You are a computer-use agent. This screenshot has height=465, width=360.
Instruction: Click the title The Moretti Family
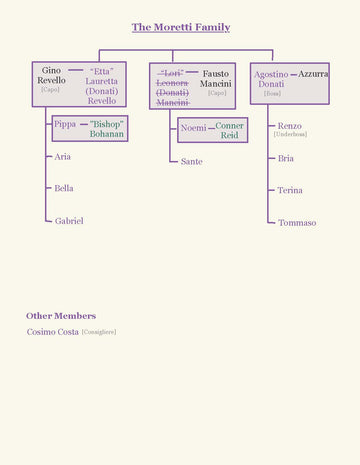[180, 27]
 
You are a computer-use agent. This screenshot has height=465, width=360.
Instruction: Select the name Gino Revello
[51, 75]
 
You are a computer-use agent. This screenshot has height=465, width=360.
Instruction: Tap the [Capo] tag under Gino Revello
[50, 90]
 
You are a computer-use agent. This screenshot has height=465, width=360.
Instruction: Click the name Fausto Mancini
[216, 78]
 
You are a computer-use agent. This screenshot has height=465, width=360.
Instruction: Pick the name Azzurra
[313, 74]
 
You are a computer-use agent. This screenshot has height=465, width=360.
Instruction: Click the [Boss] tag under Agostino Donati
[272, 93]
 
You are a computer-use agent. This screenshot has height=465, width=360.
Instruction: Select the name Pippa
[64, 124]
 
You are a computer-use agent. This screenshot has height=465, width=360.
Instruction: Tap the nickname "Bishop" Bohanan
[107, 128]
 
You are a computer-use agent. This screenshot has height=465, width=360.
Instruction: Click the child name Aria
[63, 157]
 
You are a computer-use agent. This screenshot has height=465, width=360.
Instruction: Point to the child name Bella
[64, 188]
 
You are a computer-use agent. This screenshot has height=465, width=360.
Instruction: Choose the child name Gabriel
[69, 221]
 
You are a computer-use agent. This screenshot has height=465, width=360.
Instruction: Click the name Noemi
[193, 128]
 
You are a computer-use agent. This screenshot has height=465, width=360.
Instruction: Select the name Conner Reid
[229, 130]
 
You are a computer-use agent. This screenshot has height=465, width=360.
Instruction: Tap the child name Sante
[191, 161]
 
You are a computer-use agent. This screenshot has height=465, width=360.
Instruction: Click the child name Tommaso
[297, 223]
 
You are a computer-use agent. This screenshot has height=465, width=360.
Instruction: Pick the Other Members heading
[61, 316]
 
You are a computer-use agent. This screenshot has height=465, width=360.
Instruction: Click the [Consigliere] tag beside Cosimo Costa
[99, 332]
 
